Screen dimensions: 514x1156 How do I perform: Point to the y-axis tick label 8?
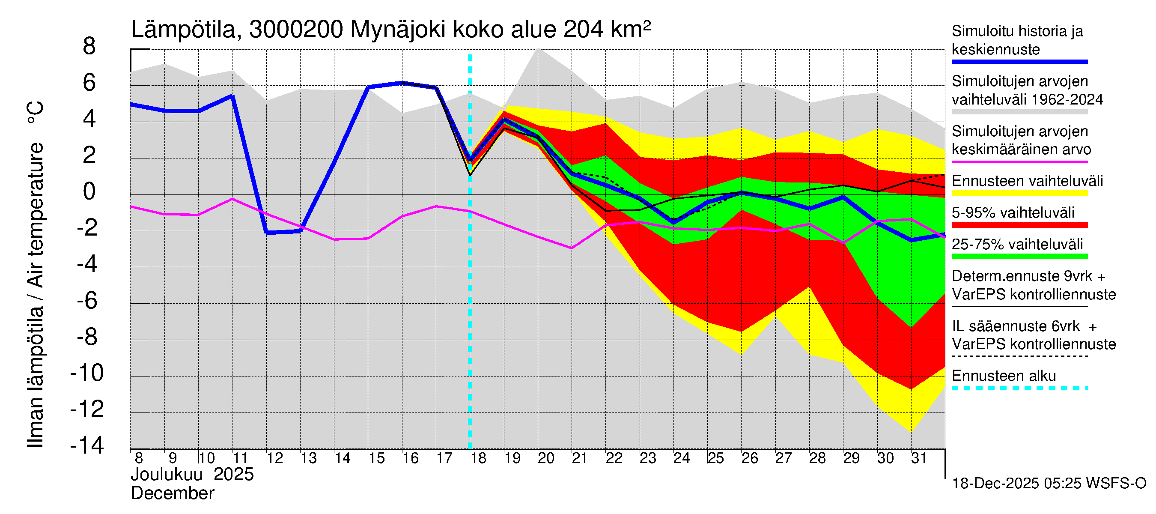pos(89,46)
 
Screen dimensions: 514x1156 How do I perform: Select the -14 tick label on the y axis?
pos(87,445)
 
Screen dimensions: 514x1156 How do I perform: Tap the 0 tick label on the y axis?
pos(89,192)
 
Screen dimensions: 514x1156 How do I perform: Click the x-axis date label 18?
pos(478,458)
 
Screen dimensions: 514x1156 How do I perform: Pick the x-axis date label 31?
pos(919,458)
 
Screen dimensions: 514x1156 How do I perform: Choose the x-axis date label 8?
pos(139,458)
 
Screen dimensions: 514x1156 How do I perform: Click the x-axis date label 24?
pos(681,458)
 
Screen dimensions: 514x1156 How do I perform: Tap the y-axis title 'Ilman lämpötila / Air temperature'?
pos(36,274)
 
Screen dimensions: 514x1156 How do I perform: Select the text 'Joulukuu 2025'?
pos(192,475)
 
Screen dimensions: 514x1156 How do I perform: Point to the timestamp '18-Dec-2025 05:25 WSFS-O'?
pos(1049,484)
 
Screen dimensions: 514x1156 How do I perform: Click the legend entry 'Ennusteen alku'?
pos(1004,376)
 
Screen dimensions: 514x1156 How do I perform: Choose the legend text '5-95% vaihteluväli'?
pos(1013,212)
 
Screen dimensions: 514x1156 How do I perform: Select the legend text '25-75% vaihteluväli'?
pos(1017,244)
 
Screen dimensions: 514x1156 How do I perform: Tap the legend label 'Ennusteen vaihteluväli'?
pos(1027,181)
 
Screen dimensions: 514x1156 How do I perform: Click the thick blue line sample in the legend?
pos(1019,62)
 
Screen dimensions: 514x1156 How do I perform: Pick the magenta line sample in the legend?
pos(1019,161)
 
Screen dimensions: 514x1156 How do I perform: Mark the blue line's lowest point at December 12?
pos(267,233)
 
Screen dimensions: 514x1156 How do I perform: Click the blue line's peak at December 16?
pos(402,83)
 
